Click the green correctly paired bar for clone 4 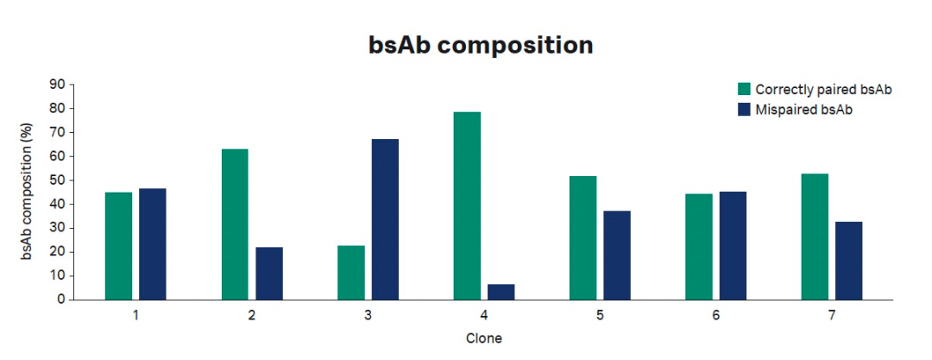(467, 205)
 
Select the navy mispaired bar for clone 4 (501, 292)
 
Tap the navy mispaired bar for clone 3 (385, 219)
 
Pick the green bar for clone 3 (350, 273)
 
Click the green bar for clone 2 (235, 224)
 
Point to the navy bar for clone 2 (269, 274)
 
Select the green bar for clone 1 (119, 246)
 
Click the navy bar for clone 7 (849, 261)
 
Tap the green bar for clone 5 (583, 238)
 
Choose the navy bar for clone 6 (733, 246)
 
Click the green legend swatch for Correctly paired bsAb (744, 89)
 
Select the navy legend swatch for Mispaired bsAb (744, 110)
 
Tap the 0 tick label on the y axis (60, 300)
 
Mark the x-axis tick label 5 (599, 315)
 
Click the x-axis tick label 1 (135, 315)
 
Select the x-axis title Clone (484, 338)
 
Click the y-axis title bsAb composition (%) (26, 192)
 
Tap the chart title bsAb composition (481, 46)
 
